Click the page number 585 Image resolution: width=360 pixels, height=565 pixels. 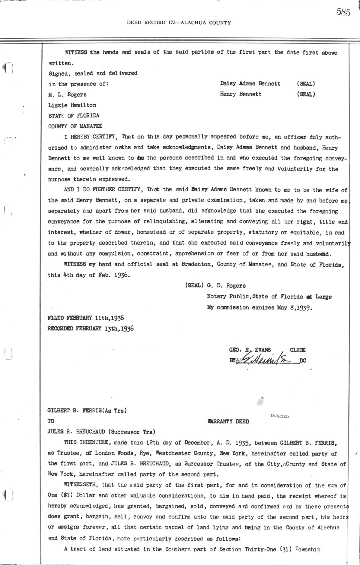[343, 12]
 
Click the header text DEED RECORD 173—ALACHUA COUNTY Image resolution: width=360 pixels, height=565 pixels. [179, 22]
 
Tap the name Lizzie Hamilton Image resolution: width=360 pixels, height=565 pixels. [72, 105]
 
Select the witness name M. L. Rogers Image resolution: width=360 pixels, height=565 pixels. [67, 94]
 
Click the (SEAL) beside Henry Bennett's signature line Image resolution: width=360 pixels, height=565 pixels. [306, 94]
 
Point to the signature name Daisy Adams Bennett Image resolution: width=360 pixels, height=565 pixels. [250, 84]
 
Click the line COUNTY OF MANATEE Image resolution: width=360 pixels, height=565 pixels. [75, 126]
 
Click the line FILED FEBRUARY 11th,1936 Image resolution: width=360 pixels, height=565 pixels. [86, 318]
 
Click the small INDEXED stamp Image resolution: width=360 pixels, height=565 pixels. [279, 416]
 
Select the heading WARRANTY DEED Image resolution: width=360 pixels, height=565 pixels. [228, 421]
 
